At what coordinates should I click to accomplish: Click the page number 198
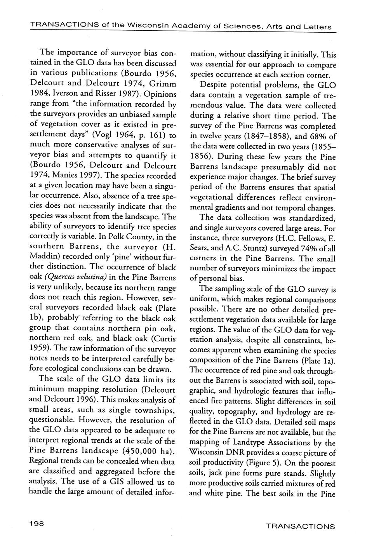click(x=37, y=524)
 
